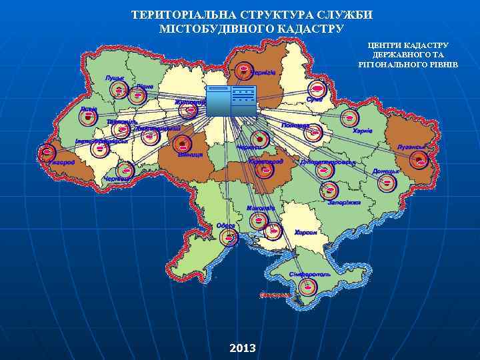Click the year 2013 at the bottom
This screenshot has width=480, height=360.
coord(242,348)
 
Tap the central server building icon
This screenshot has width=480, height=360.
coord(231,101)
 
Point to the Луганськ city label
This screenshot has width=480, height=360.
coord(411,147)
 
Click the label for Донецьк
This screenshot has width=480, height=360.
coord(386,171)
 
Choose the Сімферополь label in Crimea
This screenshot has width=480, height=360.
coord(310,275)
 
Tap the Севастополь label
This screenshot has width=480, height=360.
coord(275,294)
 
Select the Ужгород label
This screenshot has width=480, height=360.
coord(61,162)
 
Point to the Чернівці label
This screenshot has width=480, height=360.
coord(117,179)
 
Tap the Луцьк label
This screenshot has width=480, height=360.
coord(115,78)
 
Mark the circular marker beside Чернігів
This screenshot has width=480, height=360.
coord(244,71)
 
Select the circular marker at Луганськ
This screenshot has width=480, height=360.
coord(419,160)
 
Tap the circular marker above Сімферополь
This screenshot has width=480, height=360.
coord(307,287)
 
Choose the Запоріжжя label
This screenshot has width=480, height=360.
coord(344,202)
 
